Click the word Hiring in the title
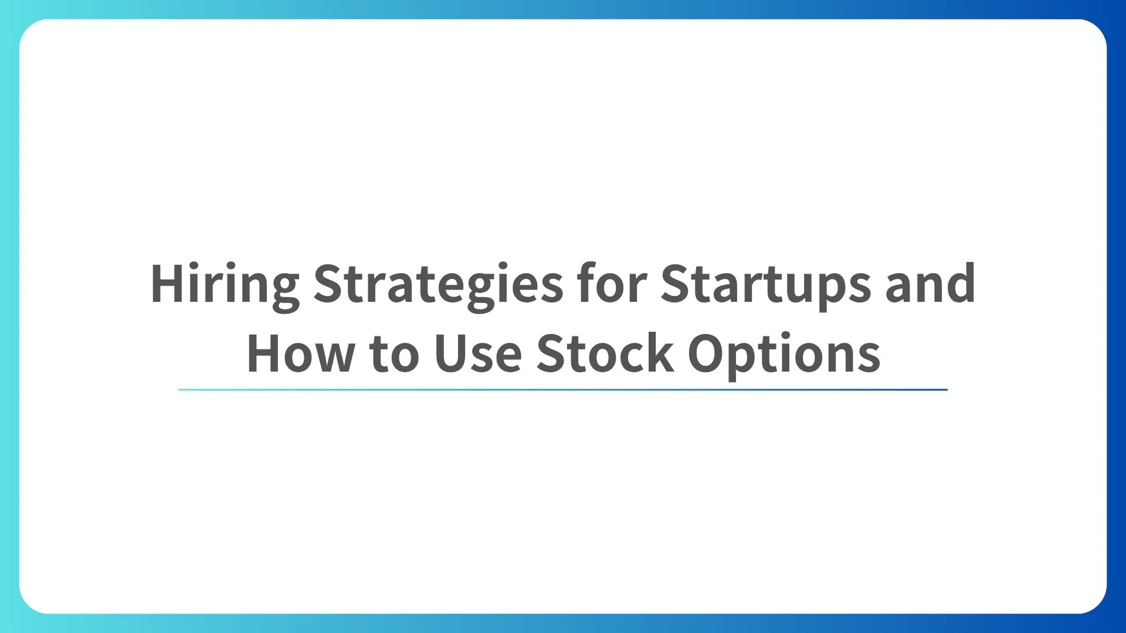coord(225,285)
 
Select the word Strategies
coord(438,285)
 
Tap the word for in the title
coord(612,284)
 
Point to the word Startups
coord(766,285)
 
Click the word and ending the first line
coord(930,284)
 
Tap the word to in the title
coord(394,354)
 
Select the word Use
coord(478,354)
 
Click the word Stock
coord(605,354)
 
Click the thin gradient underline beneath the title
coord(563,389)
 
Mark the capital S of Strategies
coord(330,284)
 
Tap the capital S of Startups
coord(677,284)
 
